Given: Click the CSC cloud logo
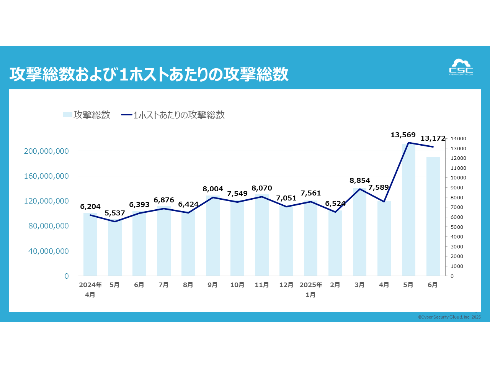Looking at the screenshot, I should pos(461,67).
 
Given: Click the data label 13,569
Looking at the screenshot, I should pos(403,135).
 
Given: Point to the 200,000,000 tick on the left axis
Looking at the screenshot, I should pos(46,151).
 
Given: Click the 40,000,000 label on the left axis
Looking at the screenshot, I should pos(49,251).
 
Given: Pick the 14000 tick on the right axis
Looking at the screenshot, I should pos(458,139).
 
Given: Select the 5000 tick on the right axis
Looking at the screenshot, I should pos(457,227).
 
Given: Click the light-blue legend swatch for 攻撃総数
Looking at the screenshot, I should pos(67,115).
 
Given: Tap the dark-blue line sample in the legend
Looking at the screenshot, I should pos(127,115).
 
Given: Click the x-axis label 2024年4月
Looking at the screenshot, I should pos(90,289).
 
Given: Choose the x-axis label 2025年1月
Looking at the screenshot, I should pos(311,289).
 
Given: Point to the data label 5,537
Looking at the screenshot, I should pos(114,213).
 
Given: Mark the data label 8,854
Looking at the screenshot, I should pos(359,181).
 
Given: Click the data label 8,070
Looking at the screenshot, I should pos(261,188).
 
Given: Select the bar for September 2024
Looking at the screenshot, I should pos(212,236).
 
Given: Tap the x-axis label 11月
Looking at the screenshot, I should pos(262,285).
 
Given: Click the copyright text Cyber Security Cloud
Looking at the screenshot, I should pos(449,317).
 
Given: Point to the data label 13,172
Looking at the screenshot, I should pos(433,138).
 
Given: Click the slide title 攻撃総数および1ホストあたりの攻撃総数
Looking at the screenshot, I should pos(149,74).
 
